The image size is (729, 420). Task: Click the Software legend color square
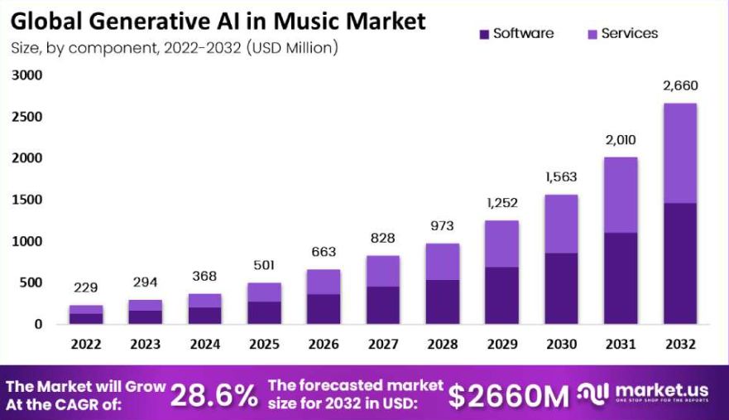[484, 34]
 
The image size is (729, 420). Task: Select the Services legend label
[630, 34]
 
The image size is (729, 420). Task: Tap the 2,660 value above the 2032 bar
[679, 85]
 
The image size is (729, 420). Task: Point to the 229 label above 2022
[85, 287]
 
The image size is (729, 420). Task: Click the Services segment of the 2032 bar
[679, 153]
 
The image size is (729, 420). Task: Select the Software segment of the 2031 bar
[621, 278]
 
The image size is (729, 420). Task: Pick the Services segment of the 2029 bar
[501, 244]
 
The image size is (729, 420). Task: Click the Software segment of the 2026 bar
[324, 309]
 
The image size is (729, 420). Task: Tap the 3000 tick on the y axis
[26, 75]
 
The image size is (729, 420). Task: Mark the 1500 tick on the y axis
[26, 200]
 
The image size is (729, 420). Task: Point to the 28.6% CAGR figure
[214, 396]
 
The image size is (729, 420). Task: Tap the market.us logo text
[660, 390]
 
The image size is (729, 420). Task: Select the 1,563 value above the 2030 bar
[561, 176]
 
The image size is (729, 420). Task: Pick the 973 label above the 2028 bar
[442, 226]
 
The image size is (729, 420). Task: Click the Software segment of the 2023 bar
[145, 316]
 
